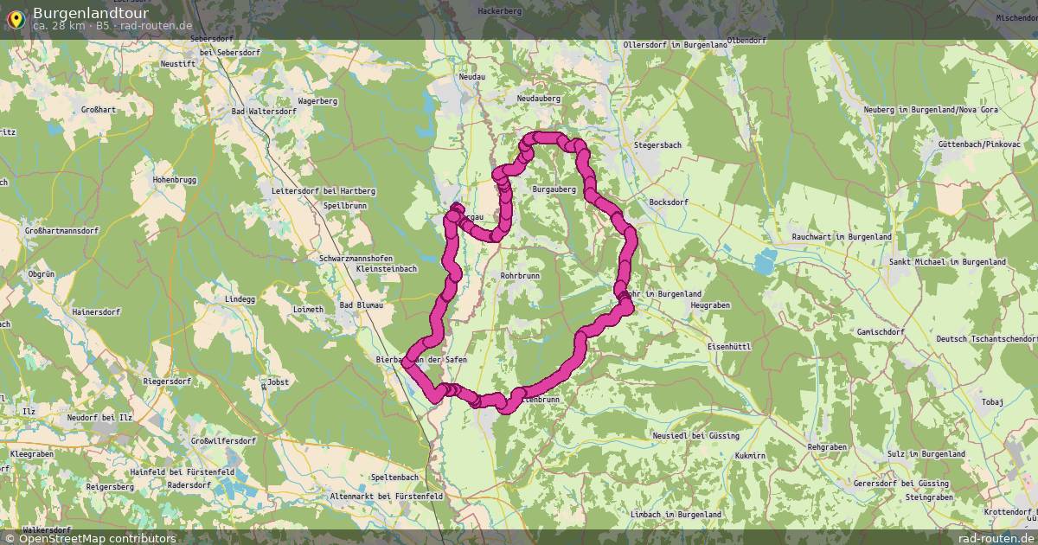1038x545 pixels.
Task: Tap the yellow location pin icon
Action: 15,17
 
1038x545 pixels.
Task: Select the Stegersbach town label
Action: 659,145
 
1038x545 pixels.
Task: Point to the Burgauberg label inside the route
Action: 554,189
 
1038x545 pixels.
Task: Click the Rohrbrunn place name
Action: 520,276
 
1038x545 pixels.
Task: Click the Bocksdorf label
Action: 668,202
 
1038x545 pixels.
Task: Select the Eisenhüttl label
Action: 728,346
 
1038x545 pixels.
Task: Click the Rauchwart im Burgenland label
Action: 842,237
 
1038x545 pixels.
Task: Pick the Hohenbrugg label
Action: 176,179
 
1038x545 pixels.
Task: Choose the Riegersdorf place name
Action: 167,381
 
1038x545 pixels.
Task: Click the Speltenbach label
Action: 394,478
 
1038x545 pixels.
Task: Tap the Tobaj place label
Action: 992,402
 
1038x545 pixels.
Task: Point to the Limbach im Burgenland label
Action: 676,515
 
